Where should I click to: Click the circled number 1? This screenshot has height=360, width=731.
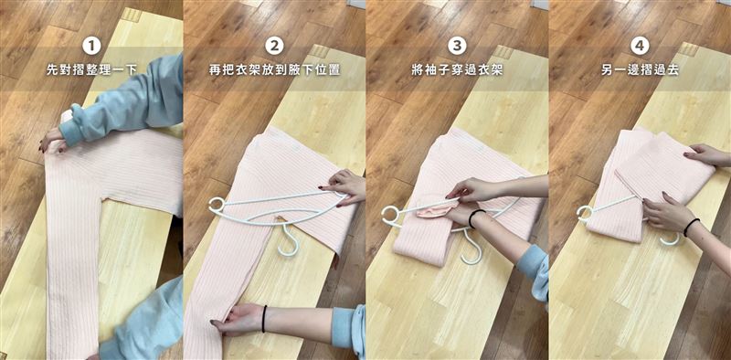[90, 45]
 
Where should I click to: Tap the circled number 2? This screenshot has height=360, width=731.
[273, 45]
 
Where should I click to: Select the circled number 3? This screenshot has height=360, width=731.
[457, 45]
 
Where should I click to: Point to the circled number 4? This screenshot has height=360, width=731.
[639, 45]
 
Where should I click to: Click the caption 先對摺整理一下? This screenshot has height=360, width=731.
[90, 69]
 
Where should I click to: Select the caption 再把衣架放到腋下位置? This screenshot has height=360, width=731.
[273, 69]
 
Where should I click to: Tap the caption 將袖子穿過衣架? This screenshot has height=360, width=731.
[457, 69]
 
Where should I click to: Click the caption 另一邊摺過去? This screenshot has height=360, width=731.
[639, 69]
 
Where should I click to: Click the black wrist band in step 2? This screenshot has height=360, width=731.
[264, 318]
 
